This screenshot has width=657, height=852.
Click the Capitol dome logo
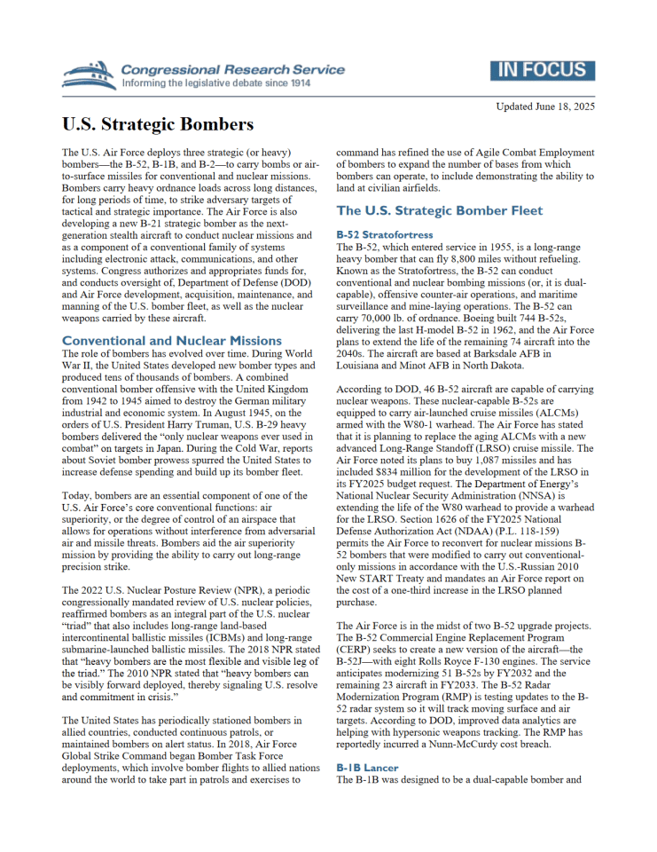[90, 75]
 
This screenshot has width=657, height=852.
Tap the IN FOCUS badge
[542, 71]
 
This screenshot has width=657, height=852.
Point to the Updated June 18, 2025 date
[545, 106]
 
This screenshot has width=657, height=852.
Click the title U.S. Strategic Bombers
[158, 124]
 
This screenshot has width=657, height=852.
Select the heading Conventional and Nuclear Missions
[172, 340]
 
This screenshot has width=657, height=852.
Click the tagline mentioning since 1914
[216, 83]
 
